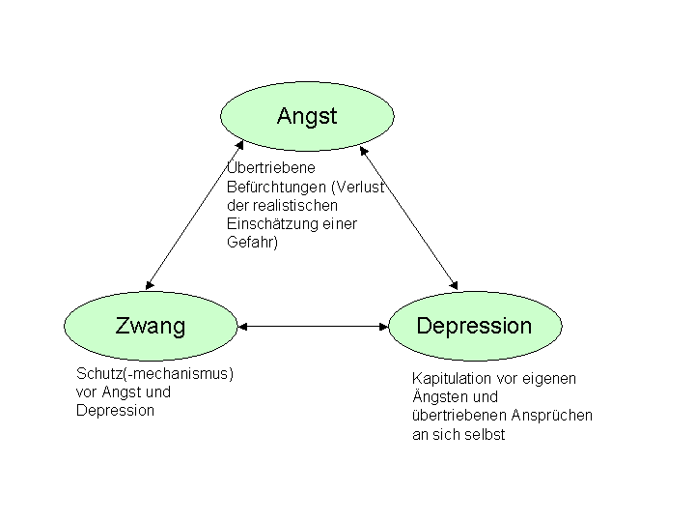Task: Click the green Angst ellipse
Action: click(307, 116)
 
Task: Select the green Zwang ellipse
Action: click(151, 326)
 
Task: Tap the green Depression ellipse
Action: click(473, 326)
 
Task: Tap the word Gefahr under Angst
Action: click(249, 243)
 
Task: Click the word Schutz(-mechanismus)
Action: click(155, 373)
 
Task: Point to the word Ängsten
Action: click(441, 397)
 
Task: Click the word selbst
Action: click(486, 434)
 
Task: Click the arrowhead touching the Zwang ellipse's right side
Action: click(243, 326)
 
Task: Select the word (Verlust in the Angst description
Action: click(359, 187)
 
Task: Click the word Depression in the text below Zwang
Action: click(115, 410)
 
